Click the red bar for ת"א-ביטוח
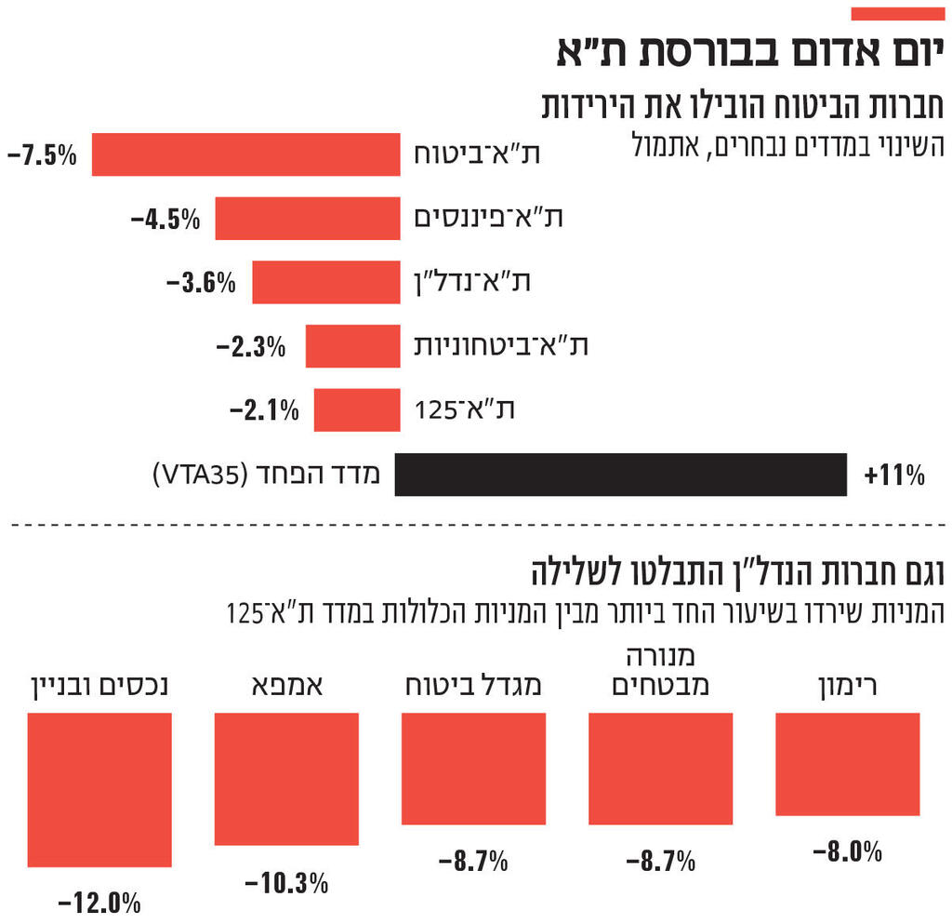246,154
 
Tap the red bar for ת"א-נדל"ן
326,282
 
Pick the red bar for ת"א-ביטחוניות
353,346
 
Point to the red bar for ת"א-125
357,409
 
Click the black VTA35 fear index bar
620,475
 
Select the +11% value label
893,476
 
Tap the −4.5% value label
165,220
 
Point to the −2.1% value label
264,409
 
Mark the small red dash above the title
898,14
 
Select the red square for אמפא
286,779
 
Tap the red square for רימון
847,764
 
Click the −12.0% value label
99,902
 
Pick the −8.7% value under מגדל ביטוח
473,862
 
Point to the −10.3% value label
286,882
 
